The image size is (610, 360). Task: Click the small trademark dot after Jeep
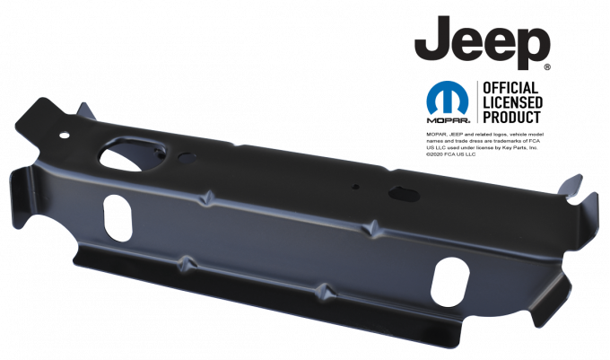point(547,66)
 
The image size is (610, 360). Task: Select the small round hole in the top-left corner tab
point(64,136)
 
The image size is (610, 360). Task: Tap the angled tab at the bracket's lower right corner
point(549,305)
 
